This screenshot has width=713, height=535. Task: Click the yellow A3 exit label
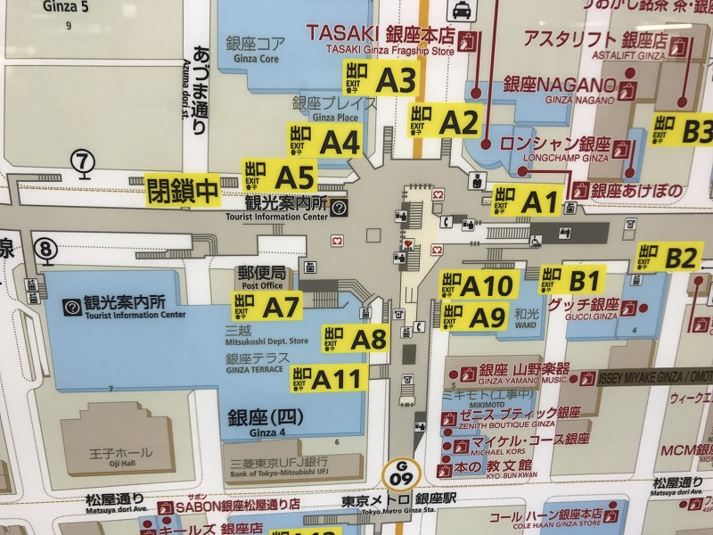click(x=381, y=80)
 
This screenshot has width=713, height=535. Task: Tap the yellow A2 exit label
click(x=446, y=120)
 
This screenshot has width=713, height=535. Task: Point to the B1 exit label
click(x=573, y=279)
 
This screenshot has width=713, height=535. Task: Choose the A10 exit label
click(x=478, y=285)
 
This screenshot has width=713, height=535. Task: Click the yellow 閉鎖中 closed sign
click(x=183, y=189)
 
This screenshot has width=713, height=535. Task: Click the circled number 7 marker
click(x=83, y=161)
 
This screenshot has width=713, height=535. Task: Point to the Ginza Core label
click(x=257, y=48)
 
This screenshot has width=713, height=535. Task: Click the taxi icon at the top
click(x=462, y=11)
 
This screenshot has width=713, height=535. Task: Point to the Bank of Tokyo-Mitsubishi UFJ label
click(x=280, y=467)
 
